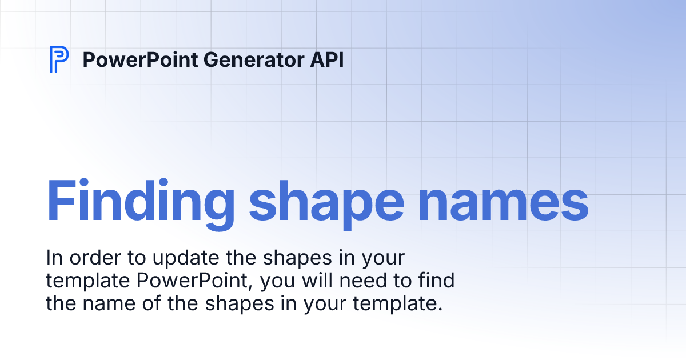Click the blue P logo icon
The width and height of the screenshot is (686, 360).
pos(59,59)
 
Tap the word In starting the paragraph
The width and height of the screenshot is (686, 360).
pos(53,258)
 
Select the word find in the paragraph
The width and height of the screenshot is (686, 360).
pos(436,281)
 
